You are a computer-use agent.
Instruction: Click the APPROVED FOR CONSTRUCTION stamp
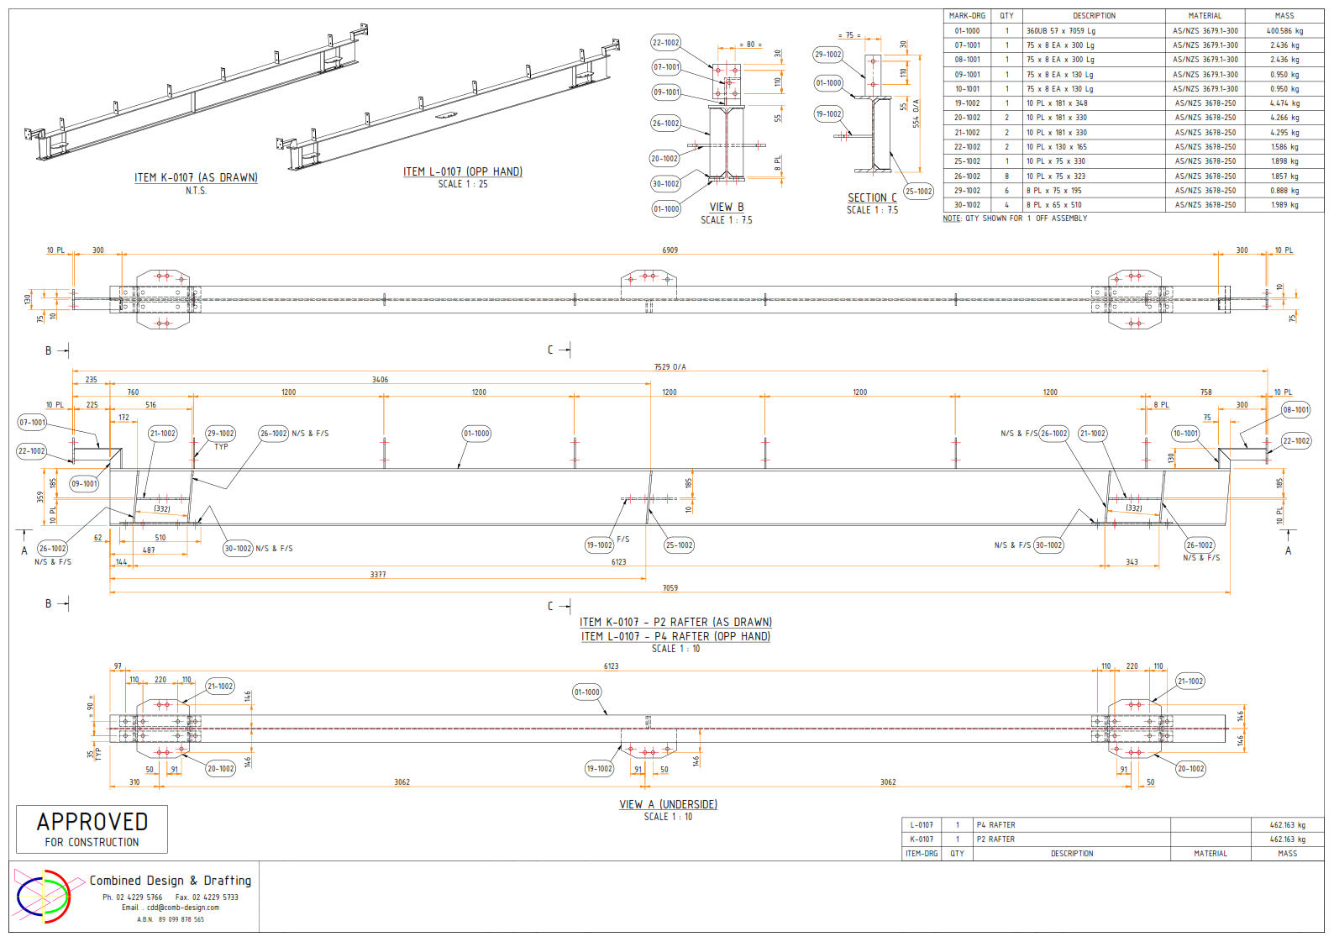[x=92, y=829]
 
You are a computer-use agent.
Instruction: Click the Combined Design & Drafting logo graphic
[x=44, y=896]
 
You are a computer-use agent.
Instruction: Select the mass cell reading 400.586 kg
[x=1284, y=31]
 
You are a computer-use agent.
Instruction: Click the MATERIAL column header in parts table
[x=1205, y=16]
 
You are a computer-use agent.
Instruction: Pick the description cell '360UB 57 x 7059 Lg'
[x=1060, y=31]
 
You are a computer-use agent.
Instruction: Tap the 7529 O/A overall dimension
[x=670, y=366]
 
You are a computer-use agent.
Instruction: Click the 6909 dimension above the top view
[x=670, y=250]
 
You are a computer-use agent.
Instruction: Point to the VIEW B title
[x=726, y=207]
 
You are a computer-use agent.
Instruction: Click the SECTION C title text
[x=872, y=197]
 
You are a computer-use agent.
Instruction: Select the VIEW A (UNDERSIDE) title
[x=668, y=804]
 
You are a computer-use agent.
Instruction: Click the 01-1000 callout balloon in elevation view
[x=476, y=434]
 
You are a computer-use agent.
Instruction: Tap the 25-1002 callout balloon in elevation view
[x=679, y=545]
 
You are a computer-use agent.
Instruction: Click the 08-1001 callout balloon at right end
[x=1295, y=410]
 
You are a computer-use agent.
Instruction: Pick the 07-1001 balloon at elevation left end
[x=32, y=423]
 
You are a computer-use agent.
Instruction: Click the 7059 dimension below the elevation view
[x=670, y=588]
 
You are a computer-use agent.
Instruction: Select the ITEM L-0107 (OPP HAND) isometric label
[x=462, y=171]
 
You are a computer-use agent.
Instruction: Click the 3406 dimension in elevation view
[x=380, y=380]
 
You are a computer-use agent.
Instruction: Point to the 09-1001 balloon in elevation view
[x=84, y=484]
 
